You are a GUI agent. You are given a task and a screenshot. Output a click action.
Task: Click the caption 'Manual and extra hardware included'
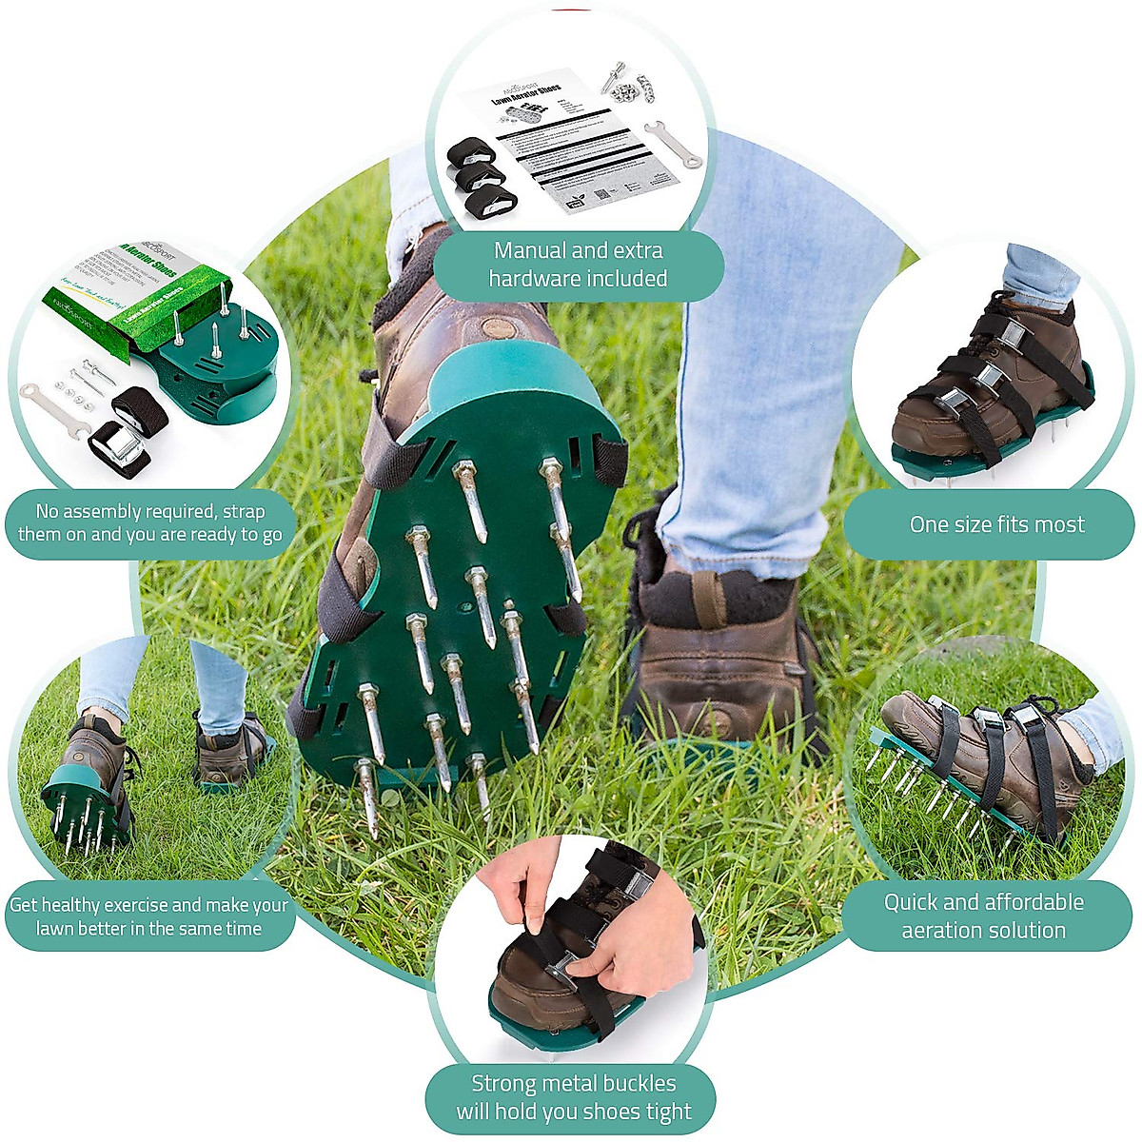578,265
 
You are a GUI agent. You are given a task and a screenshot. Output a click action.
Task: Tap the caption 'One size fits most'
996,524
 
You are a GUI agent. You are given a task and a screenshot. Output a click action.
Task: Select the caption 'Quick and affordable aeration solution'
984,916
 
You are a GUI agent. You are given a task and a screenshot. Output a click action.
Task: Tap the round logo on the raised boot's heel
495,329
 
